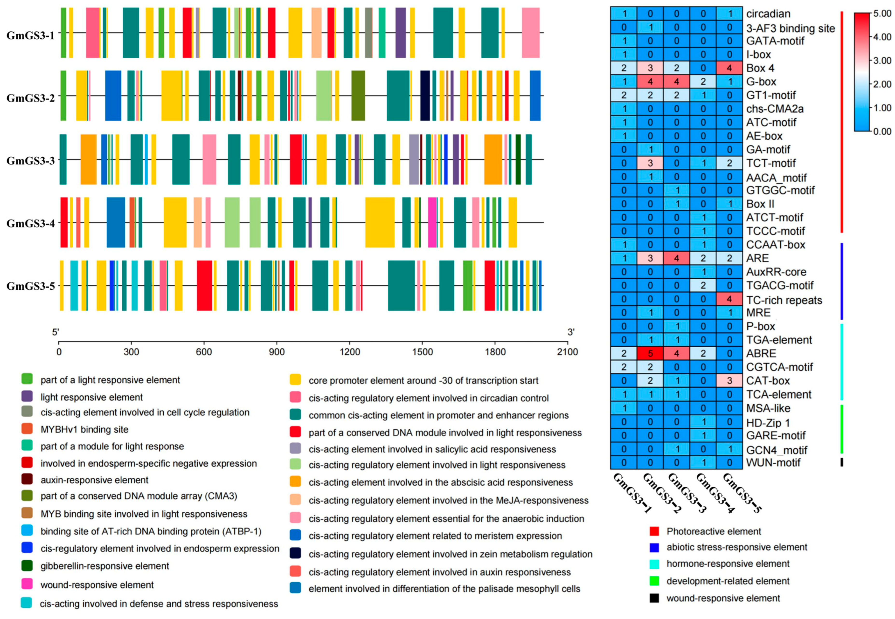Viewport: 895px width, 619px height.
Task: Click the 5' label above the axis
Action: [x=56, y=332]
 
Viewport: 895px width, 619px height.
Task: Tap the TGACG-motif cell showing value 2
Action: [x=703, y=285]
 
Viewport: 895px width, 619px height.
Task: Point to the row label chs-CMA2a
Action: [x=775, y=109]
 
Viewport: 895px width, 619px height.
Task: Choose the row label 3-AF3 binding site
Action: [x=790, y=28]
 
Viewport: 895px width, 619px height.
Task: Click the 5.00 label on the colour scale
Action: [x=882, y=14]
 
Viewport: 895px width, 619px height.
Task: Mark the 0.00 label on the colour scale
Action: [x=882, y=131]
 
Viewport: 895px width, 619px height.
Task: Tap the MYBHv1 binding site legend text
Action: [x=84, y=429]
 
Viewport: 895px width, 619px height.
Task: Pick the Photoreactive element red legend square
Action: [x=654, y=531]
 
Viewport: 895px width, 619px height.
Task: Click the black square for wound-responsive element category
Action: [x=654, y=598]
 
